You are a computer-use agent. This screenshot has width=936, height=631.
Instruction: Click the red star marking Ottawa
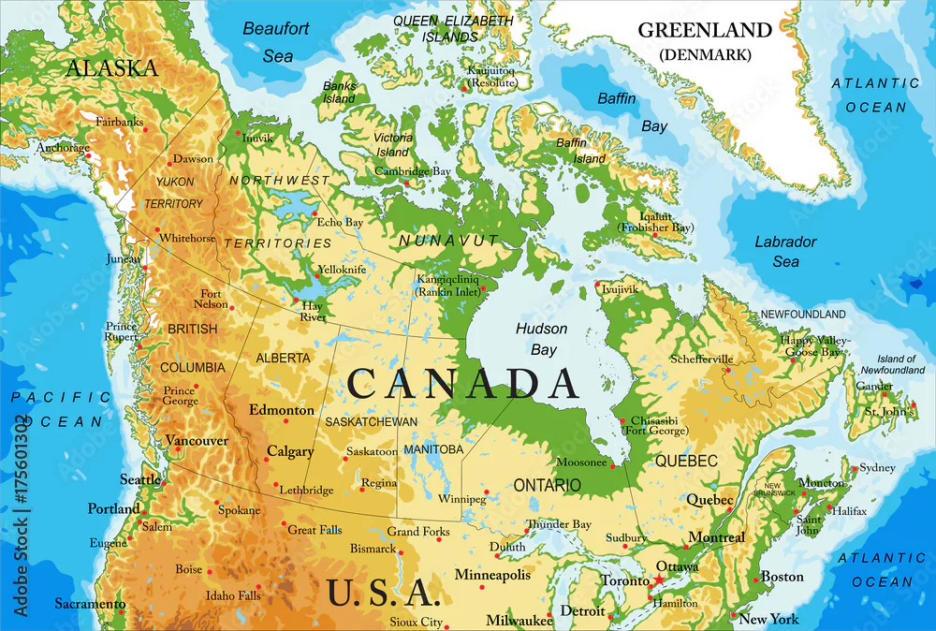[x=658, y=580]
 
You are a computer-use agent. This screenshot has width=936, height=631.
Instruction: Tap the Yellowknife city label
[x=342, y=269]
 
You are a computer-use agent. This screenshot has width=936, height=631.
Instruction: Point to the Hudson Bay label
[x=542, y=339]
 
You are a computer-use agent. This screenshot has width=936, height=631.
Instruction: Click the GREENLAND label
[x=705, y=30]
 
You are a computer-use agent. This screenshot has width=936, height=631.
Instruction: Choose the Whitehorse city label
[x=187, y=239]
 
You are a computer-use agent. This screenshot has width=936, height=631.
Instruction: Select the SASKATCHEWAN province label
[x=371, y=422]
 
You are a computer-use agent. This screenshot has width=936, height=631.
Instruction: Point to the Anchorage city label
[x=63, y=148]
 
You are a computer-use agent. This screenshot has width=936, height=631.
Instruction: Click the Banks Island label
[x=339, y=92]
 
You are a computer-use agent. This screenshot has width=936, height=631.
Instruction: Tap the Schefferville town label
[x=702, y=359]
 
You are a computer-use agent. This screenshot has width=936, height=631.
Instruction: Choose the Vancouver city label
[x=197, y=440]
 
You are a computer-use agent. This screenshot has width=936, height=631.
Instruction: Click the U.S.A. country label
[x=383, y=592]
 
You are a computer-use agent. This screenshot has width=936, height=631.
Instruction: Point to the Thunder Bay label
[x=559, y=524]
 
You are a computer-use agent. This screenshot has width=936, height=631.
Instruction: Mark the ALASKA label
[x=111, y=68]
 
